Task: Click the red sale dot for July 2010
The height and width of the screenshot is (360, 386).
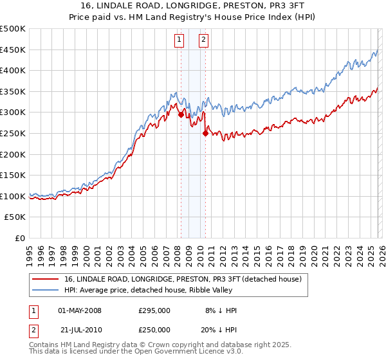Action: (205, 134)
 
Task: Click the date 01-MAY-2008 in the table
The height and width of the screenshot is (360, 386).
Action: (80, 310)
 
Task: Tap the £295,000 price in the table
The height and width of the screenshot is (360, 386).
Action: (154, 310)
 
